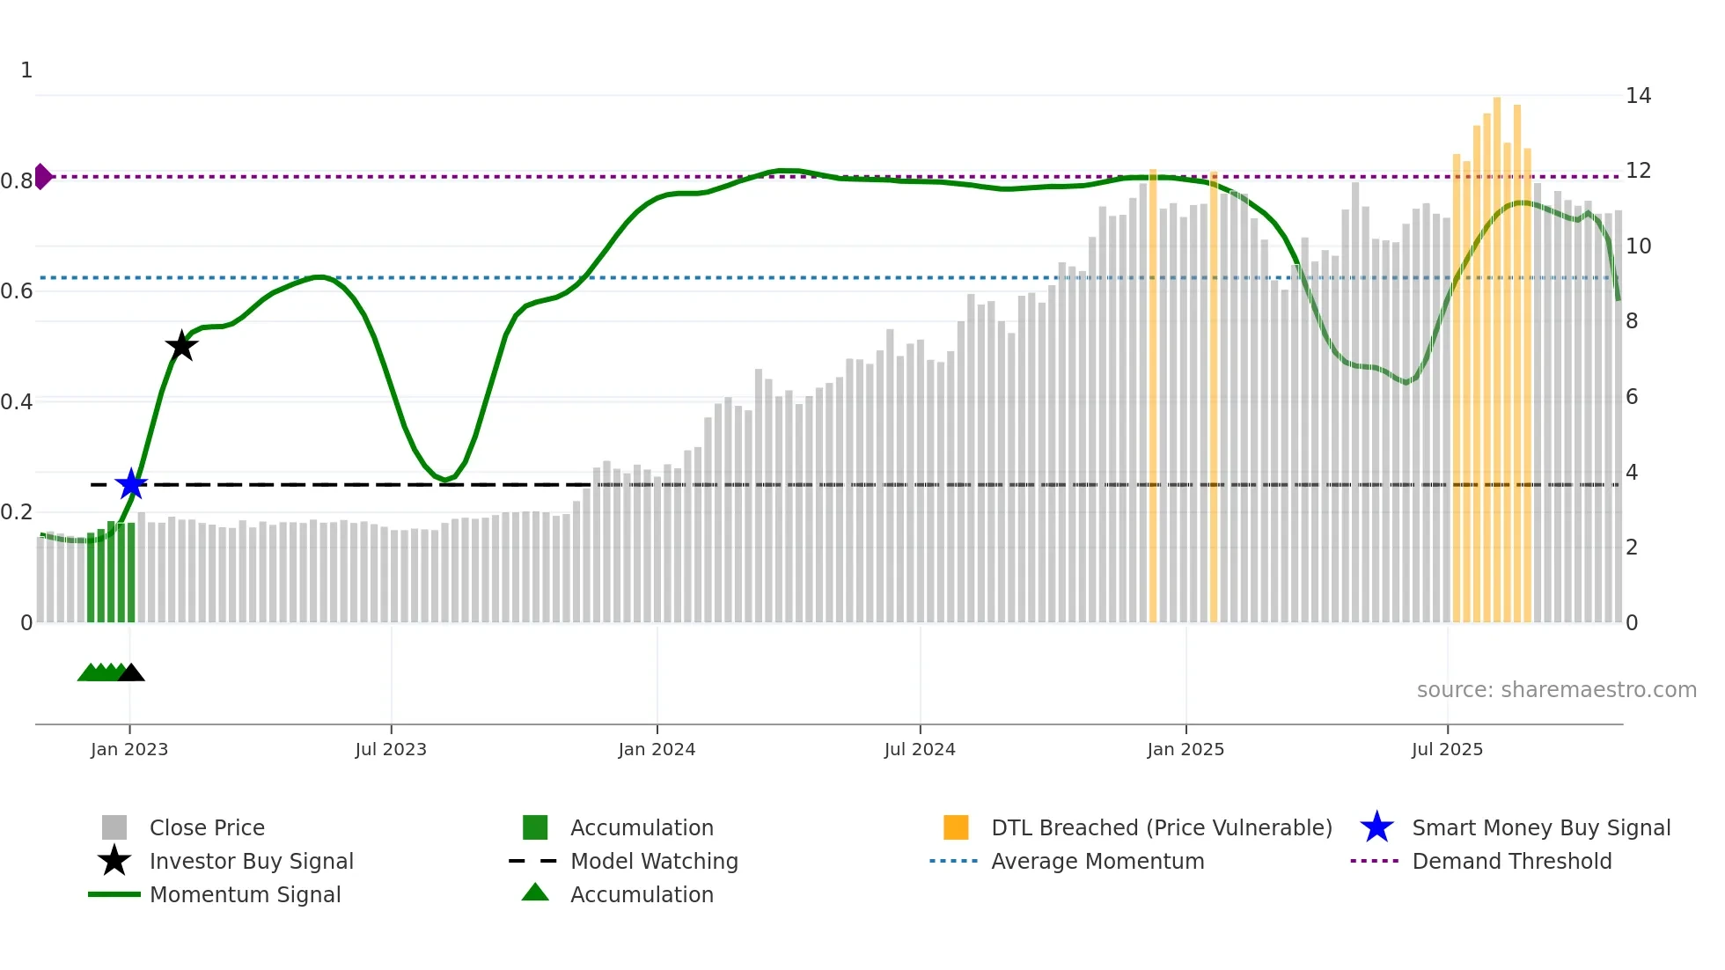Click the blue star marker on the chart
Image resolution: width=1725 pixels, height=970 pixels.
coord(131,484)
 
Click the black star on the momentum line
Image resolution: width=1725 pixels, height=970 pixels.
coord(181,346)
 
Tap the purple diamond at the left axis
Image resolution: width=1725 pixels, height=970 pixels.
coord(42,176)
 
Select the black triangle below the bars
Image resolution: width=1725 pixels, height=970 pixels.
coord(131,673)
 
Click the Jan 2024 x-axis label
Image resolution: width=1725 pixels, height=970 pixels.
coord(657,749)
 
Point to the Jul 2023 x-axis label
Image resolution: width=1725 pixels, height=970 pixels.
coord(391,749)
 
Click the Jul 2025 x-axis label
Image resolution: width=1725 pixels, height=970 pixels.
coord(1447,749)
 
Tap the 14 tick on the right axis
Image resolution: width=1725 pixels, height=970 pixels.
coord(1638,95)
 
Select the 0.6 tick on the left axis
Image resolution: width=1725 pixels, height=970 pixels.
coord(17,290)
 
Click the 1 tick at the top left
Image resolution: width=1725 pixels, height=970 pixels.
coord(26,70)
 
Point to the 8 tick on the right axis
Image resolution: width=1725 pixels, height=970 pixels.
coord(1632,321)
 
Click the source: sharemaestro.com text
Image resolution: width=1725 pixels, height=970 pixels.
coord(1556,690)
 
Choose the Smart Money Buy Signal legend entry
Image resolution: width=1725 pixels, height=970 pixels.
coord(1540,827)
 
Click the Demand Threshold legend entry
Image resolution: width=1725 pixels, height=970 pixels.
coord(1511,861)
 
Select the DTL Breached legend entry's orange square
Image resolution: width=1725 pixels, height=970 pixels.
coord(956,827)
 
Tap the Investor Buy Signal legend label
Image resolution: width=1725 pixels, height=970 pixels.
coord(251,861)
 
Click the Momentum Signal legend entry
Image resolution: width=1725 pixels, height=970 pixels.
coord(245,894)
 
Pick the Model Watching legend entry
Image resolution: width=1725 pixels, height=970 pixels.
coord(653,861)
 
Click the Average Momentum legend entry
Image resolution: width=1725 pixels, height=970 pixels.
coord(1097,861)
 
